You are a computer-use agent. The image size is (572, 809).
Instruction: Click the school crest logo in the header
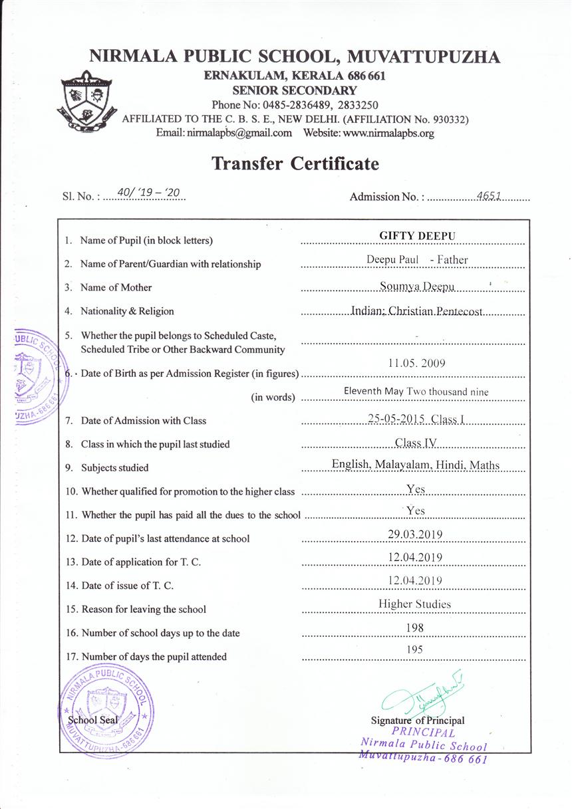coord(87,102)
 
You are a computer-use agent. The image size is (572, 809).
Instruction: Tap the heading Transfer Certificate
coord(295,164)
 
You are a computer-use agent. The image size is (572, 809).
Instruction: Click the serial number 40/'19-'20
coord(148,193)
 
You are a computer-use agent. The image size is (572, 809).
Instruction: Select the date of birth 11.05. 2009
coord(416,363)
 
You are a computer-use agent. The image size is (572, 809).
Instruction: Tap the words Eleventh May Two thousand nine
coord(416,392)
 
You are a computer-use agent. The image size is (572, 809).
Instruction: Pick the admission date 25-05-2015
coord(397,419)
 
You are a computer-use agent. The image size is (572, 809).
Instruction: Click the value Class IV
coord(415,443)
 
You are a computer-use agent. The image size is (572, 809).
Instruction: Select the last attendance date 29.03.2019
coord(415,534)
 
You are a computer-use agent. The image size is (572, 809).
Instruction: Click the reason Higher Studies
coord(414,604)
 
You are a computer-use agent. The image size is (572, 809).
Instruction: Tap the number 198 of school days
coord(414,628)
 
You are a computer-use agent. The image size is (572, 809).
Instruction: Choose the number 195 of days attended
coord(414,650)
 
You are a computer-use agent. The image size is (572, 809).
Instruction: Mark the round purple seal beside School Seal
coord(107,711)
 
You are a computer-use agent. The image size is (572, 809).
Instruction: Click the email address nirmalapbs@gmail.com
coord(224,133)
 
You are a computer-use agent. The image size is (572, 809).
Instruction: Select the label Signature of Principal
coord(418,721)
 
